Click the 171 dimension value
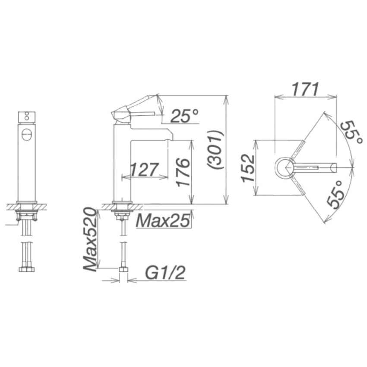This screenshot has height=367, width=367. point(304,89)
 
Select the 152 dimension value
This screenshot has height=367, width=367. point(248,168)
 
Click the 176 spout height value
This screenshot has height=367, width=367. point(183,172)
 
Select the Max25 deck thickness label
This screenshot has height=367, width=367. point(163,221)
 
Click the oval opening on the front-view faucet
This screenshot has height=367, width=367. point(26,134)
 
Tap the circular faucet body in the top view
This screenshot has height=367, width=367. point(285,167)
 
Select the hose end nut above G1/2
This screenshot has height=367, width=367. point(123,270)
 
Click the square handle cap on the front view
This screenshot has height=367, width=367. point(26,117)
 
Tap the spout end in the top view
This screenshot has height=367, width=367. point(333,167)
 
